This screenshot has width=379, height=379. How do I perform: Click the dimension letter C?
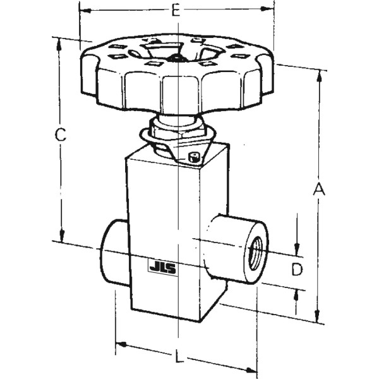[59, 134]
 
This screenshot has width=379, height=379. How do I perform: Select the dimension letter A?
[320, 189]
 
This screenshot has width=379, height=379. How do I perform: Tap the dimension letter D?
[297, 270]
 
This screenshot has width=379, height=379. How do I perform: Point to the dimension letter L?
[179, 358]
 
